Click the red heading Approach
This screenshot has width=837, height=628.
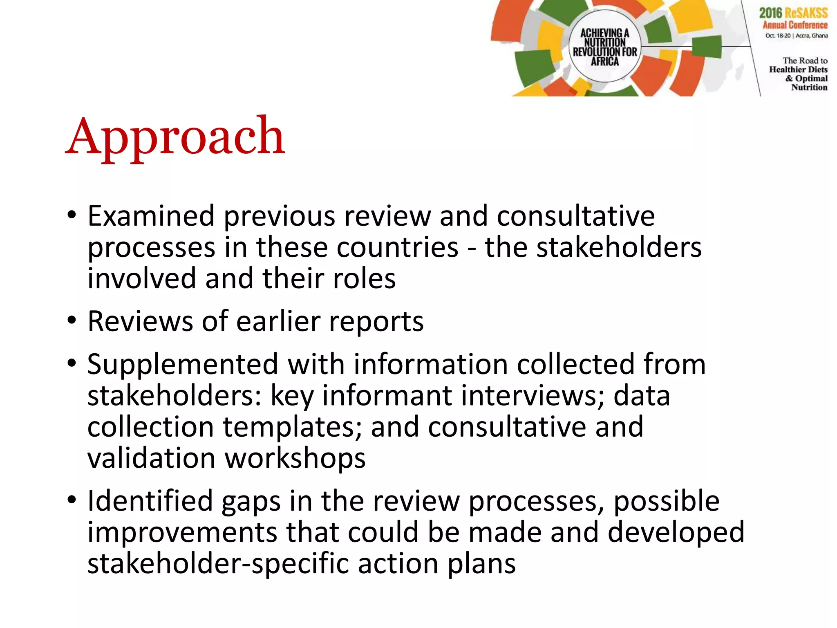coord(175,137)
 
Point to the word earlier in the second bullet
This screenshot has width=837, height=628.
coord(278,321)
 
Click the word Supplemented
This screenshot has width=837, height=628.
coord(183,364)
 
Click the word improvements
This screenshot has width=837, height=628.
coord(182,532)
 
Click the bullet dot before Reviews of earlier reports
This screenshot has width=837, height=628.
coord(72,321)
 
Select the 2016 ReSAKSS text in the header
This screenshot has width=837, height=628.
coord(793,13)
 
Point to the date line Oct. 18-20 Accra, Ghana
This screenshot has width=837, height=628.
coord(796,36)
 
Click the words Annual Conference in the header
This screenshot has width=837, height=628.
coord(795,25)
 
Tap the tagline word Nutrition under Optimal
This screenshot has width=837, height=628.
coord(809,87)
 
